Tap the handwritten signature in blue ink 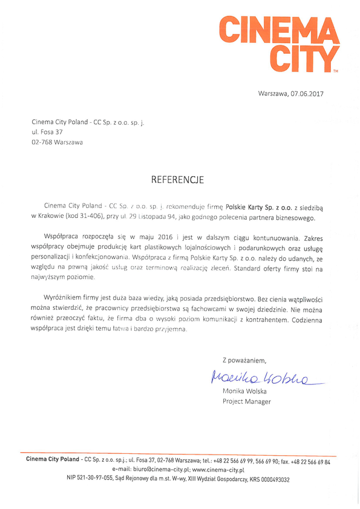[x=260, y=379]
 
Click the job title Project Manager [x=247, y=401]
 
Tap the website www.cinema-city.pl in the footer [x=218, y=470]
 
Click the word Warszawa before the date [x=272, y=93]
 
